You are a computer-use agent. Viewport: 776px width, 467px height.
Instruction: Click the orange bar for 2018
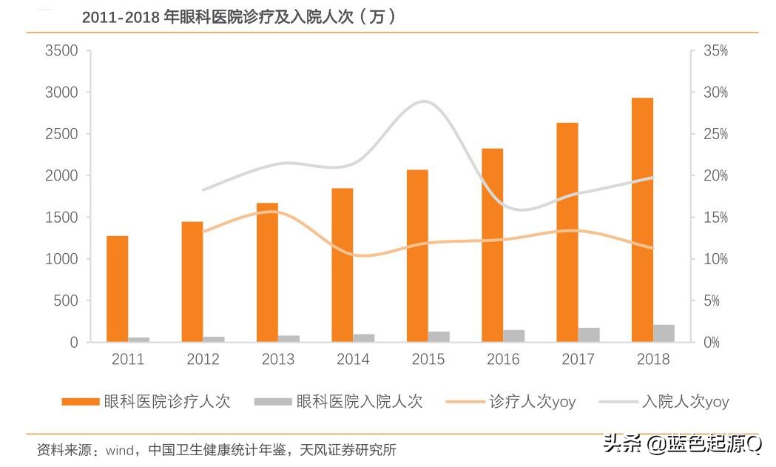[x=642, y=220]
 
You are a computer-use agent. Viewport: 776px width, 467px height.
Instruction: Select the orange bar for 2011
[x=117, y=289]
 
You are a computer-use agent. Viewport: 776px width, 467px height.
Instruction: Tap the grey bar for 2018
[x=664, y=333]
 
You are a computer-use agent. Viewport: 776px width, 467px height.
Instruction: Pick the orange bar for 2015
[x=417, y=256]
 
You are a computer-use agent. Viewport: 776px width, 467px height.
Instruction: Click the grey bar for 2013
[x=289, y=338]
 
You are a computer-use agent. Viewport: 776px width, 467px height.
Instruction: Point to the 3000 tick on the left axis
[x=61, y=93]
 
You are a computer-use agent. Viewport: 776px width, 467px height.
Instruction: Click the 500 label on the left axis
[x=67, y=300]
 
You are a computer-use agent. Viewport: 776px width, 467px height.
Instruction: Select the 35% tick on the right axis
[x=715, y=51]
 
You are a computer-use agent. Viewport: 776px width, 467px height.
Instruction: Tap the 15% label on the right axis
[x=715, y=218]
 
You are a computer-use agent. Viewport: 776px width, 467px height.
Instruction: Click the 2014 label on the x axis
[x=353, y=360]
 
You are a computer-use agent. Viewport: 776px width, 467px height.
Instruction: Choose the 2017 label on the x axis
[x=578, y=360]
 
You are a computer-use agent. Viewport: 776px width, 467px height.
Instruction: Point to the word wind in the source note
[x=119, y=449]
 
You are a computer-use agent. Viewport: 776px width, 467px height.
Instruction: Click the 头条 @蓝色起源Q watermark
[x=681, y=444]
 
